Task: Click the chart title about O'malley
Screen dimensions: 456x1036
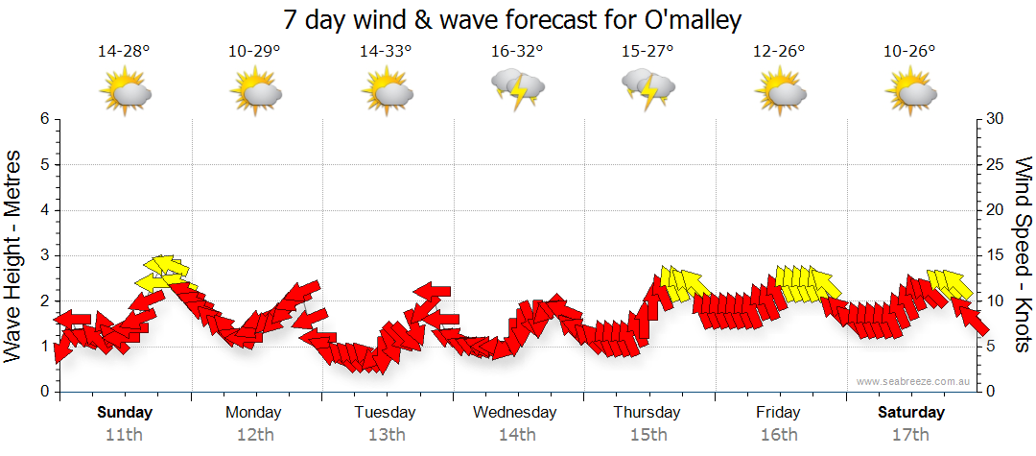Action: [x=513, y=19]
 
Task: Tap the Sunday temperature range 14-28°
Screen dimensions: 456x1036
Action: [x=125, y=52]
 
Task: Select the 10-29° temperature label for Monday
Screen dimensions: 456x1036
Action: [x=254, y=52]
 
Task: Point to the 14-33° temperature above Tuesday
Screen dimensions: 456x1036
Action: [x=386, y=52]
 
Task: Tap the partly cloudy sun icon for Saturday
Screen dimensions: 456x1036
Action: [x=910, y=93]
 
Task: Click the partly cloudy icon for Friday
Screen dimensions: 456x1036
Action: [x=779, y=93]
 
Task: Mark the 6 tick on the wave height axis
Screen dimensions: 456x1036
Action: [x=43, y=119]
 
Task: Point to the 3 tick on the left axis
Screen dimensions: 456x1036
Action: [x=43, y=255]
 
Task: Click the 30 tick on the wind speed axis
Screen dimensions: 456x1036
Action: [x=996, y=119]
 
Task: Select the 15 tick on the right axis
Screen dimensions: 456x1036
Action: [x=996, y=255]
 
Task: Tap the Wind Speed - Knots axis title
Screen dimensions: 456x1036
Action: [x=1022, y=255]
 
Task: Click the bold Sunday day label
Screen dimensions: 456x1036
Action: [x=125, y=413]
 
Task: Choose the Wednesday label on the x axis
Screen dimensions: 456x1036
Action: [x=515, y=413]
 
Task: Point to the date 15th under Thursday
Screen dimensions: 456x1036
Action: [x=647, y=434]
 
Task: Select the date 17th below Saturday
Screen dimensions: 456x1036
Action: [x=910, y=434]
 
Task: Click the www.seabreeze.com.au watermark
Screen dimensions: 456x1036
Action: [x=915, y=381]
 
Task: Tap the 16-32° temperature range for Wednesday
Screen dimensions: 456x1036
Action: [x=517, y=52]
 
